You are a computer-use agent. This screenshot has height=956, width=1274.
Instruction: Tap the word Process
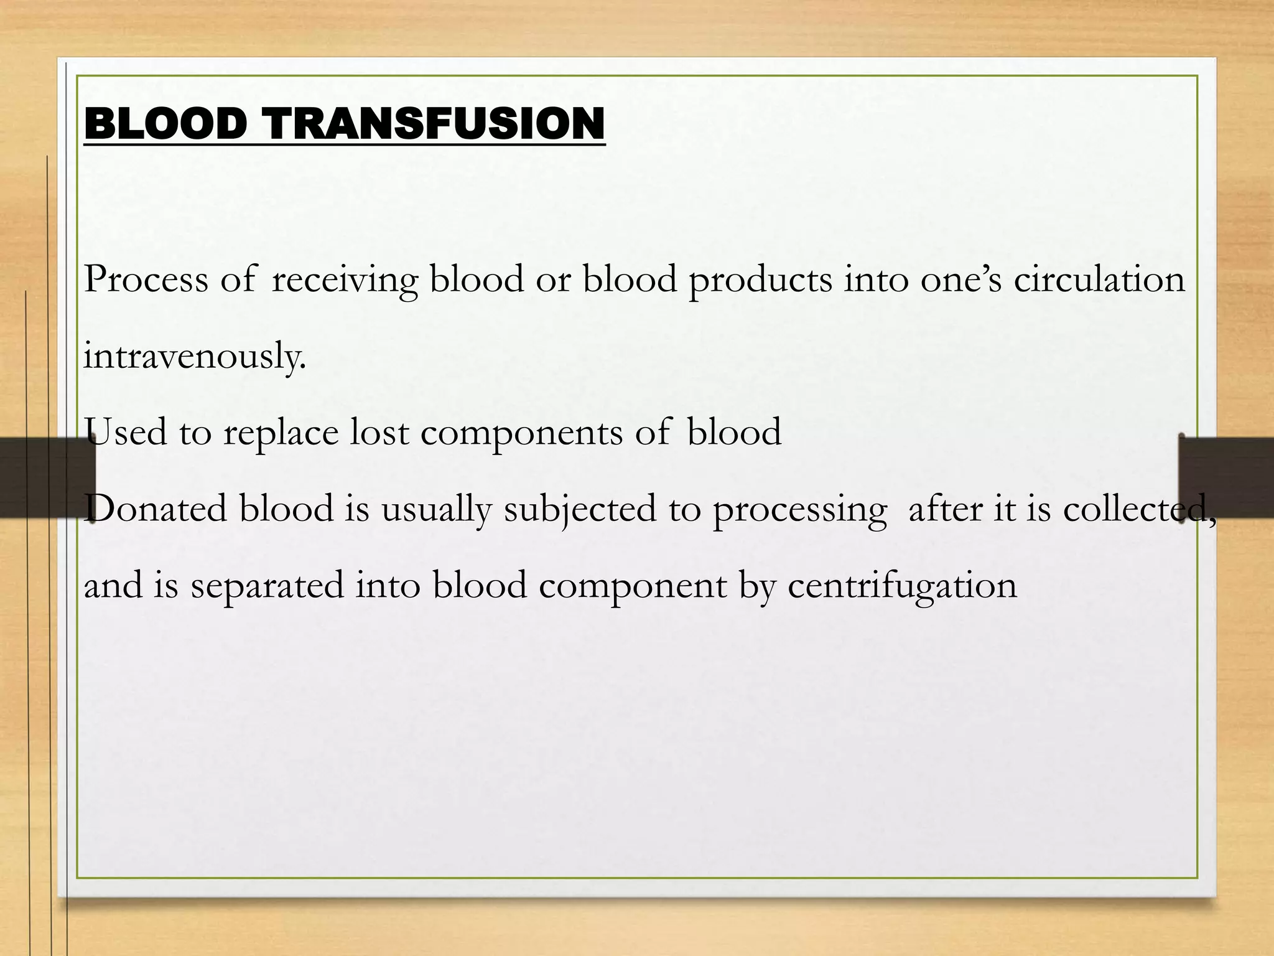point(146,279)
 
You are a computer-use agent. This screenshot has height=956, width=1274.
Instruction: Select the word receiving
point(345,280)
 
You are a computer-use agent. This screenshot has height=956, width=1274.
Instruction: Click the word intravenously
point(195,356)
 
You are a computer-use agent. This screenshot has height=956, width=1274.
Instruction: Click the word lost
point(379,432)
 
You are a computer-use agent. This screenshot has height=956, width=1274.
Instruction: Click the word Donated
point(156,508)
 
